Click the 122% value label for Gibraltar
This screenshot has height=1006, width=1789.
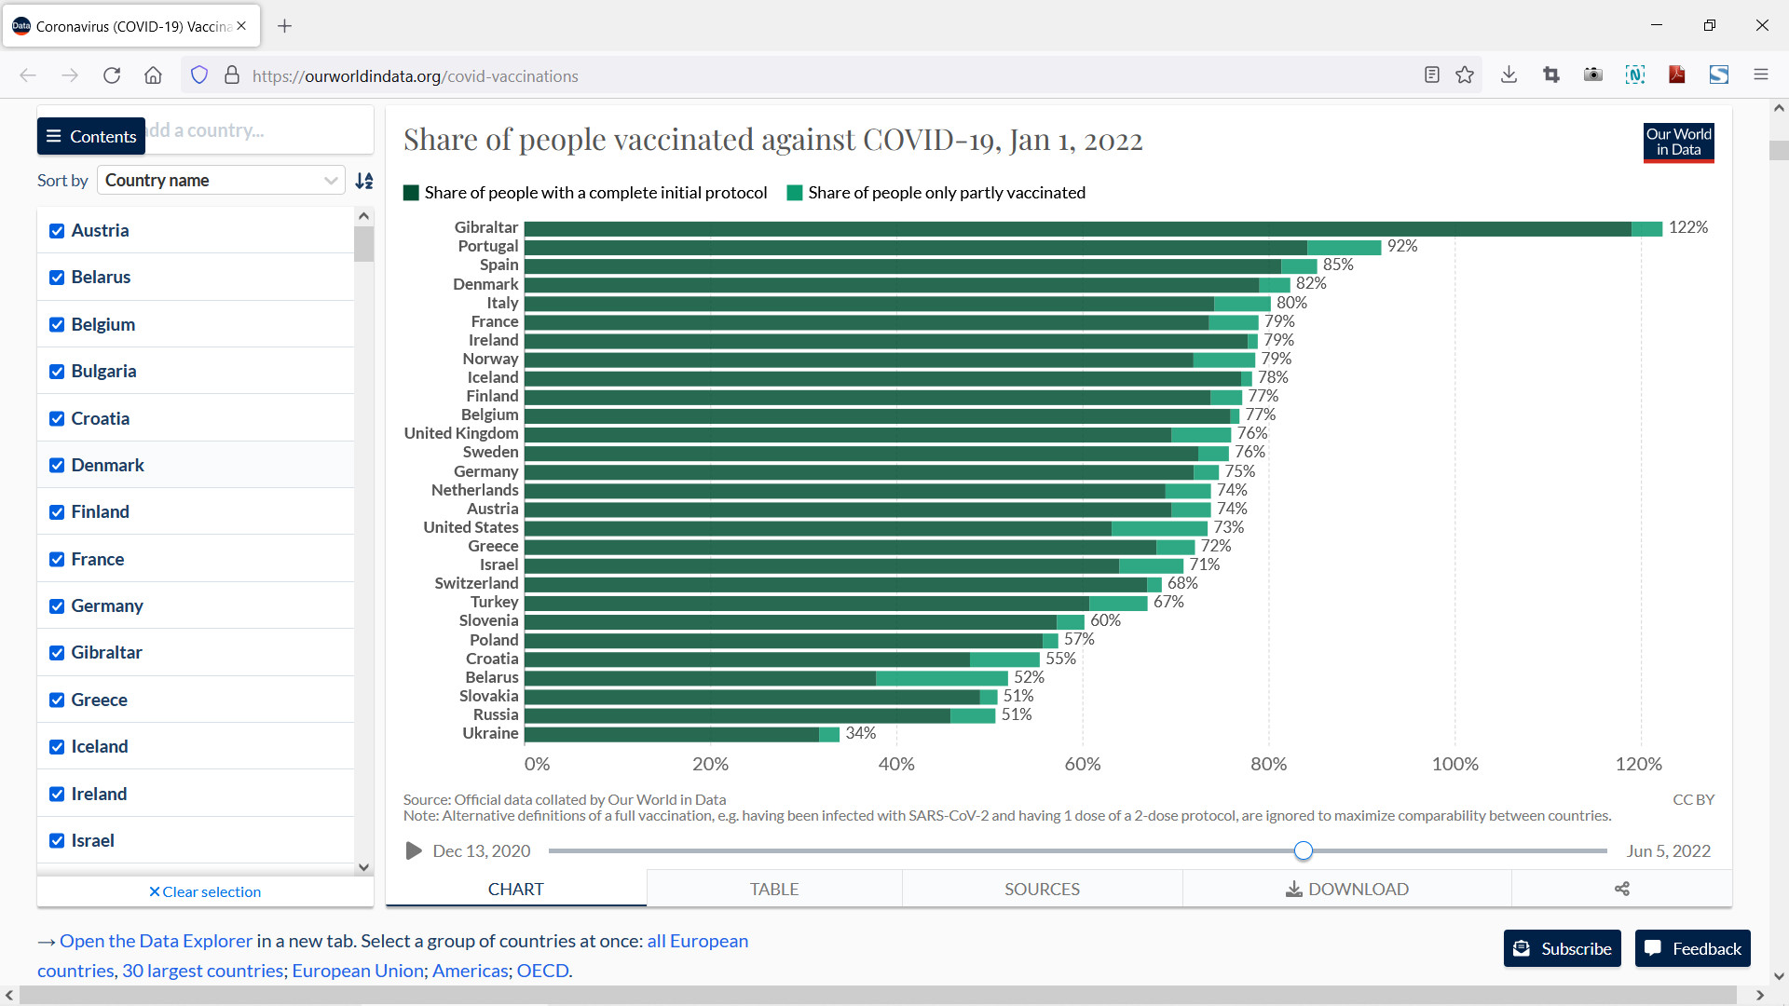tap(1687, 227)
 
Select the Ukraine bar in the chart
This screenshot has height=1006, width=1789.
tap(680, 734)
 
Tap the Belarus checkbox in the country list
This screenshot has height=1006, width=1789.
tap(57, 278)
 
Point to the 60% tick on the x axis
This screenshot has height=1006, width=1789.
tap(1082, 764)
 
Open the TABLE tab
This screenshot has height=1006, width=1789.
tap(773, 889)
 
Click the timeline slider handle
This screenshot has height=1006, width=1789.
tap(1303, 850)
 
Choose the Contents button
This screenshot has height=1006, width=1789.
tap(91, 136)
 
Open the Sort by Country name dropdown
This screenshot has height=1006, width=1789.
tap(221, 180)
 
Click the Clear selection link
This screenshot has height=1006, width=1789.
tap(205, 891)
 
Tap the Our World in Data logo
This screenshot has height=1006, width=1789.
tap(1678, 142)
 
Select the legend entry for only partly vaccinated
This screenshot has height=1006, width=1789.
tap(936, 193)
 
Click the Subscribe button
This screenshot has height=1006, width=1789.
tap(1562, 948)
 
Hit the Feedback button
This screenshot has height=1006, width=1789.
tap(1692, 948)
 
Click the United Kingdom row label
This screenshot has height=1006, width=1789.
tap(461, 433)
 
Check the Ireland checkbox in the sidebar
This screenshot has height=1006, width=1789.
tap(57, 794)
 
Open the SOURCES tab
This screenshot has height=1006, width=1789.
tap(1042, 889)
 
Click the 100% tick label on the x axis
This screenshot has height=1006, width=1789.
tap(1454, 764)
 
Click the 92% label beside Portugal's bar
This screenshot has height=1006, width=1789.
tap(1401, 246)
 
